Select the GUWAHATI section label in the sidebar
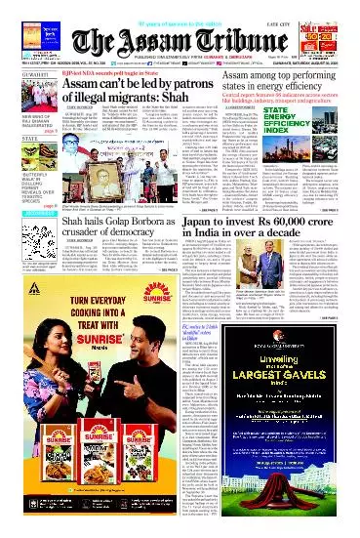[24, 83]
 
